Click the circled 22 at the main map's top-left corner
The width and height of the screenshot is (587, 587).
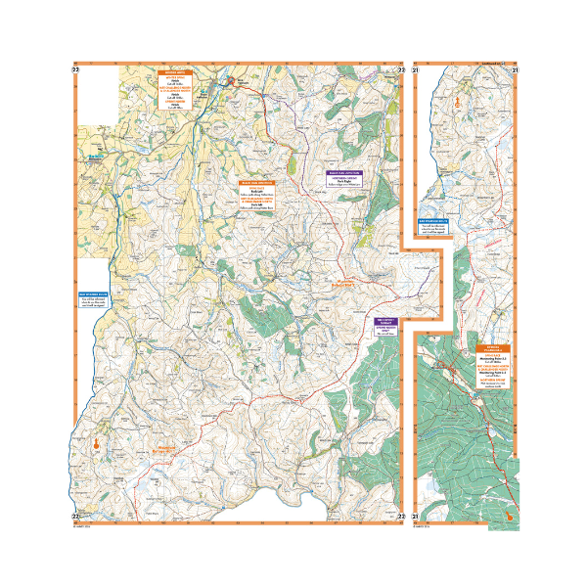(75, 69)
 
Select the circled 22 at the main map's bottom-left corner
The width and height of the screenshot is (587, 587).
(75, 517)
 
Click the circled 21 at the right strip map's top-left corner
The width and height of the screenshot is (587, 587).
(416, 69)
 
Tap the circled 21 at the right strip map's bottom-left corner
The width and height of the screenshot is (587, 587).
(416, 517)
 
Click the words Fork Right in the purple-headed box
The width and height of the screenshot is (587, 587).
(343, 182)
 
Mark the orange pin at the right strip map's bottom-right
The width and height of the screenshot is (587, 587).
(509, 510)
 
